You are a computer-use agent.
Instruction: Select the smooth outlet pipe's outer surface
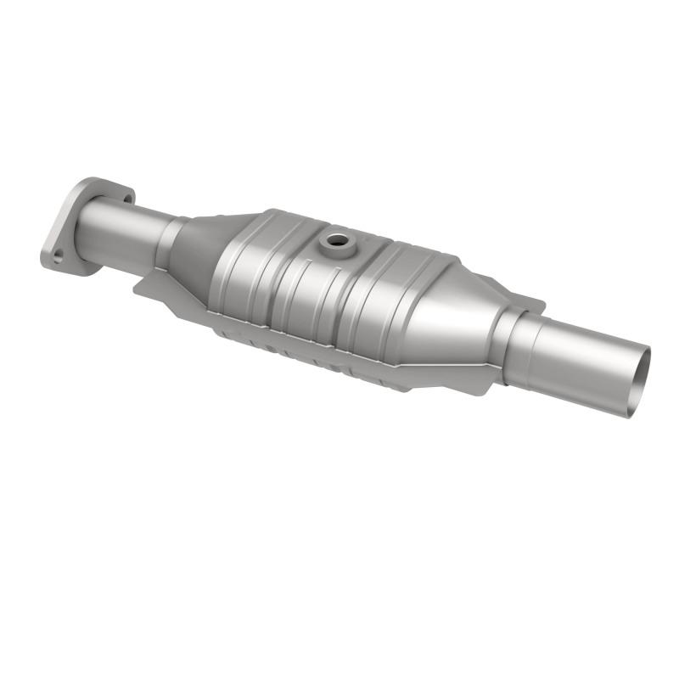coord(586,356)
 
